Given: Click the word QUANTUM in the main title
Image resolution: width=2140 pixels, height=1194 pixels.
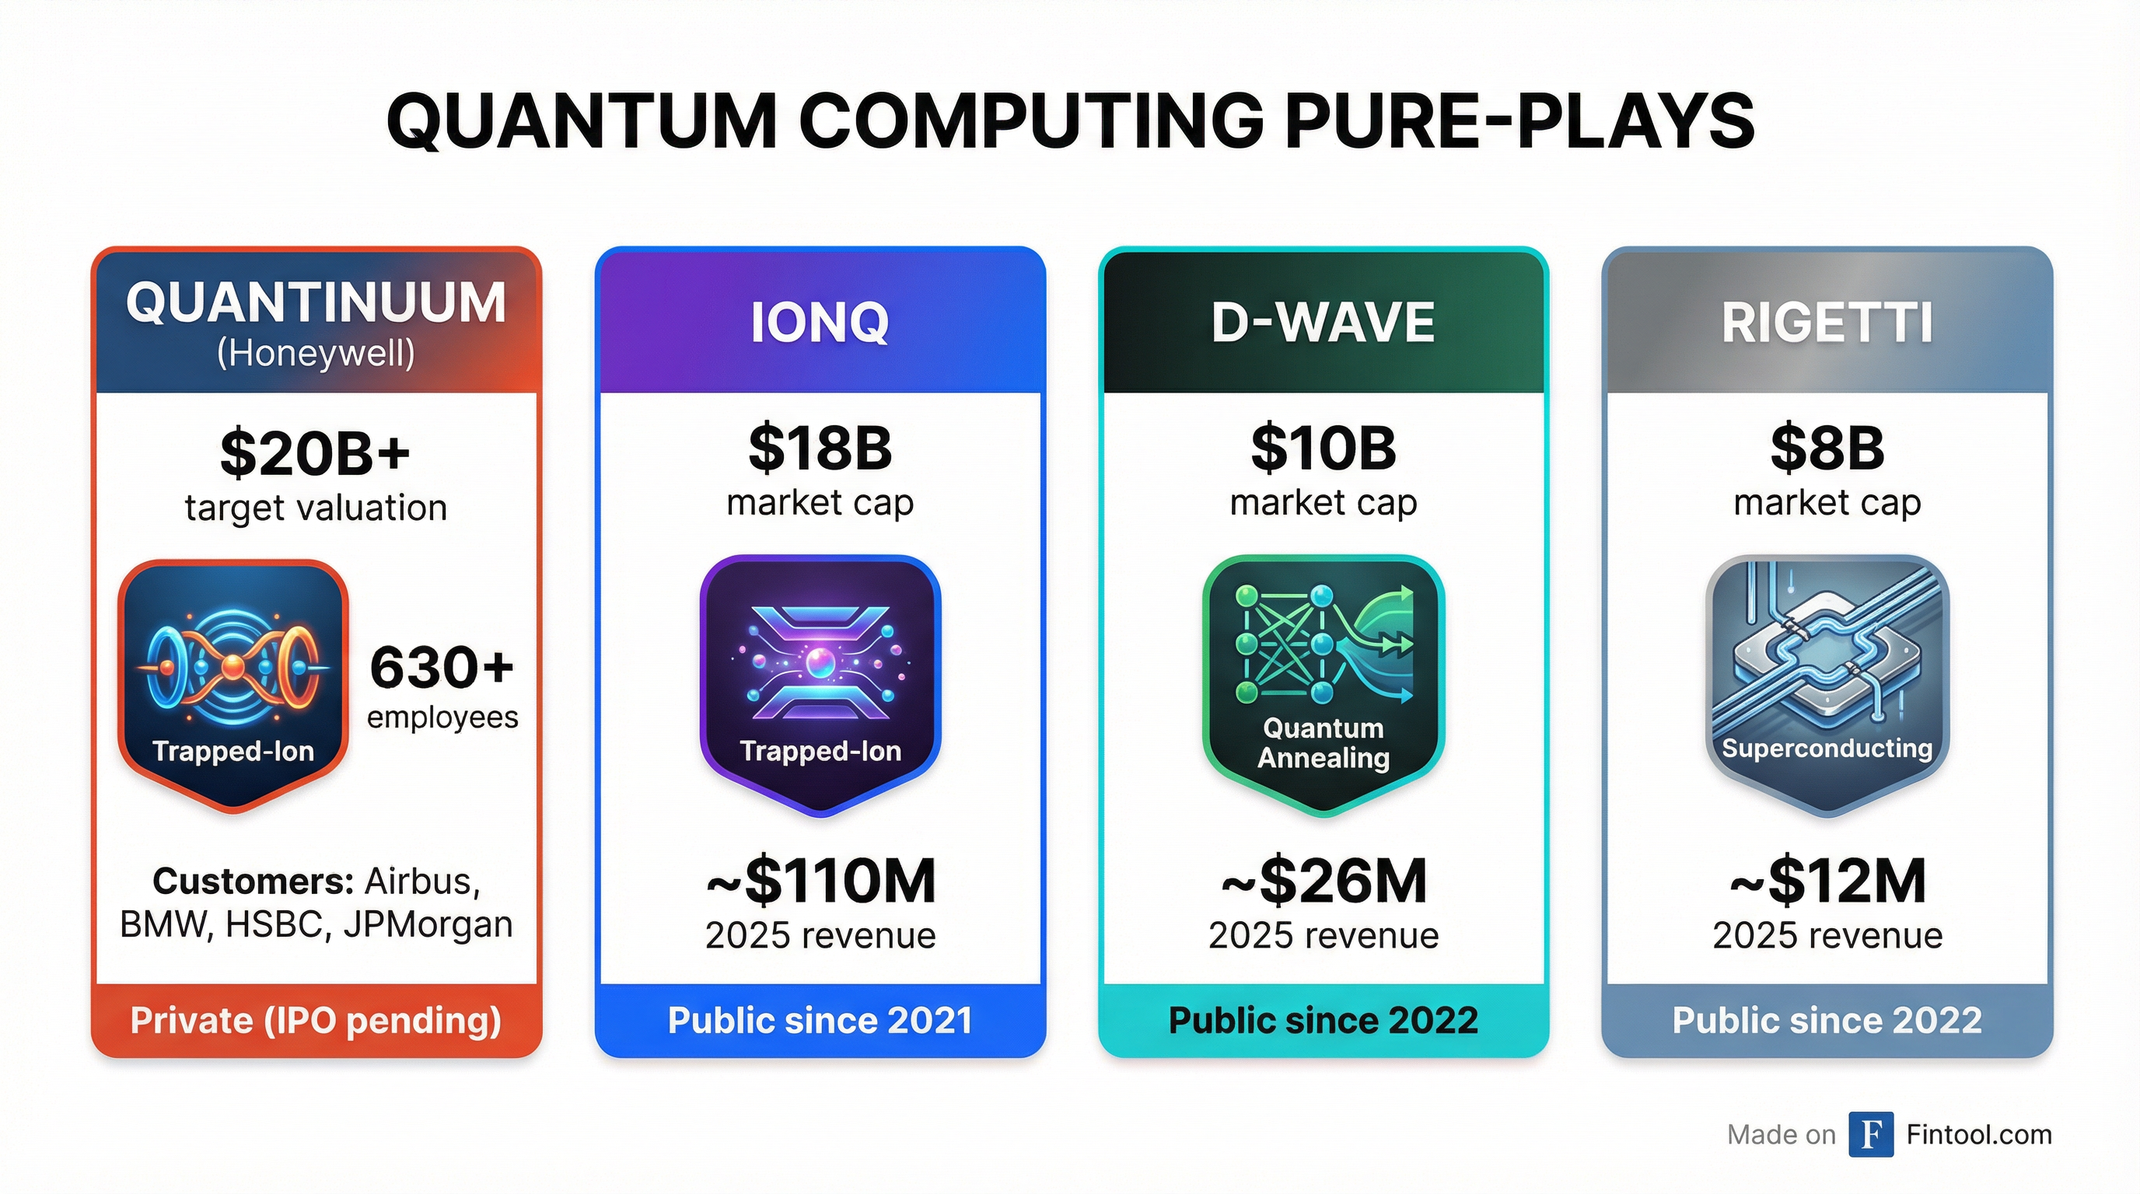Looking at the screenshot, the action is (x=582, y=121).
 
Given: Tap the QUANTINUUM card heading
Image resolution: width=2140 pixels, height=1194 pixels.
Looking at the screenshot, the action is (x=316, y=302).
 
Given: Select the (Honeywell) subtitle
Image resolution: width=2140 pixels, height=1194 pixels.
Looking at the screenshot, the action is (x=316, y=354).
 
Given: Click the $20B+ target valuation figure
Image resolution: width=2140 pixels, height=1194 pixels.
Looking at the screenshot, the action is (x=316, y=453).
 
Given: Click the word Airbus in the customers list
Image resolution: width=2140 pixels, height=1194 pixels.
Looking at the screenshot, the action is (x=423, y=882).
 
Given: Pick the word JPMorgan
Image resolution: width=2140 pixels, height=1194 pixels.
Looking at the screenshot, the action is (x=428, y=925).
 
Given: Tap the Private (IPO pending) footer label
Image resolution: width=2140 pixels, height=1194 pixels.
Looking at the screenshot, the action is (x=316, y=1021).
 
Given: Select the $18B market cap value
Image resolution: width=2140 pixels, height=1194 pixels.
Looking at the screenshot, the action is (x=820, y=449).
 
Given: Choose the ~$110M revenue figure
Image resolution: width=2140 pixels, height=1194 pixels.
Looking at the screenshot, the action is (x=820, y=882).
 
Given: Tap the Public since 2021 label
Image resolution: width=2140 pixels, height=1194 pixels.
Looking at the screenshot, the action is (x=820, y=1021).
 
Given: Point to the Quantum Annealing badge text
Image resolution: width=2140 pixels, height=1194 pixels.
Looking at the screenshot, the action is (x=1324, y=743).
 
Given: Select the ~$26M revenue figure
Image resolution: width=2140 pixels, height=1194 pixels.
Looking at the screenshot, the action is (x=1324, y=882).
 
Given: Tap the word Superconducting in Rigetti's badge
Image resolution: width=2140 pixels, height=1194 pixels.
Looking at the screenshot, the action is (x=1827, y=749).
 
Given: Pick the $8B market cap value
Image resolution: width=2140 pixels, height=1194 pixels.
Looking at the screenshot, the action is (x=1827, y=449).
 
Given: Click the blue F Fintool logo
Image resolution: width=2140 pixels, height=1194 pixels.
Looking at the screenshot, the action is (x=1871, y=1134).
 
